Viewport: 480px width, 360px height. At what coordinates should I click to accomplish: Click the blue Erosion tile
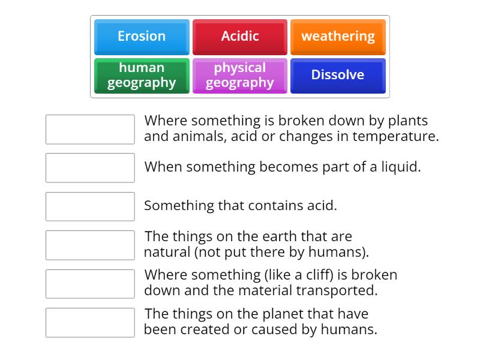tap(142, 37)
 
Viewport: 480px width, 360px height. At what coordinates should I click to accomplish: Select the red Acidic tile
tap(240, 37)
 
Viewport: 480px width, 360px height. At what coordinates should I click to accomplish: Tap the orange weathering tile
tap(338, 37)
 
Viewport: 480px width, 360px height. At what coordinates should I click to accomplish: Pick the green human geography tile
tap(142, 76)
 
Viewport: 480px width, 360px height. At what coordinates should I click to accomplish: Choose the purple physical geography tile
tap(240, 76)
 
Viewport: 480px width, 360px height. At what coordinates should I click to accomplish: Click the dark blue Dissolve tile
tap(338, 76)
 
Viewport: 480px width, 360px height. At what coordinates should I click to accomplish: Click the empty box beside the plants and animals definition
tap(90, 129)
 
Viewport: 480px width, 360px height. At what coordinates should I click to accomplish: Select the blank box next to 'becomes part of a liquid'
tap(90, 167)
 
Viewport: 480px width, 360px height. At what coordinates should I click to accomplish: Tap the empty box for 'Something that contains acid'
tap(90, 206)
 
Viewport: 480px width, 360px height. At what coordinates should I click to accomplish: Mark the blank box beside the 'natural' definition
tap(90, 245)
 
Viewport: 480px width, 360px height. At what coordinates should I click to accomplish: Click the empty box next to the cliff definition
tap(90, 284)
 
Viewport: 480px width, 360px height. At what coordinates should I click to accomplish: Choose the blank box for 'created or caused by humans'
tap(90, 322)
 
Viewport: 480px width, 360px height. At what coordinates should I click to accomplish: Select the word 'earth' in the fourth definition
tap(263, 236)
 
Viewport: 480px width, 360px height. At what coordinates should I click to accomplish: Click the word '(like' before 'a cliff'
tap(277, 275)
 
